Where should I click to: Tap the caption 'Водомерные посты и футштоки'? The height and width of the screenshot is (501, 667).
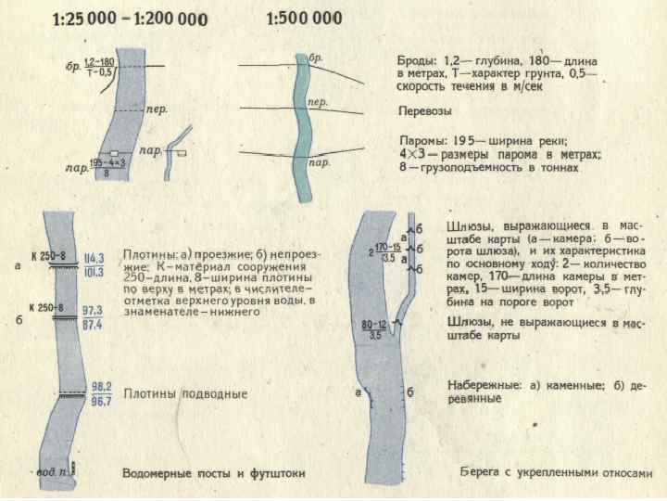coord(214,474)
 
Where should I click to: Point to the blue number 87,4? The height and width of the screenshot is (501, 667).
coord(94,326)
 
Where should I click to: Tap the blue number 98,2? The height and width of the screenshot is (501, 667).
coord(102,386)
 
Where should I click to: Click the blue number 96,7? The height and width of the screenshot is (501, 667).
coord(102,401)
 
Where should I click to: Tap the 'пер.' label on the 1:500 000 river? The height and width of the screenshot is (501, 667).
coord(317,101)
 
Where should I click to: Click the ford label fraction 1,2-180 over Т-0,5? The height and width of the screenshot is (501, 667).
coord(98,67)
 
